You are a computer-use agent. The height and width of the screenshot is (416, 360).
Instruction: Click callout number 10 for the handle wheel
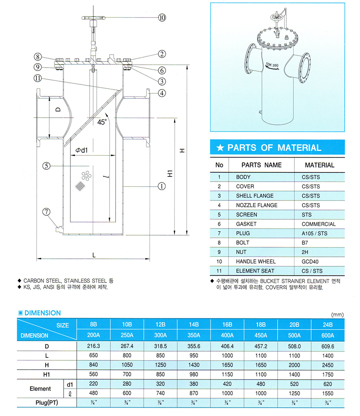tap(162, 18)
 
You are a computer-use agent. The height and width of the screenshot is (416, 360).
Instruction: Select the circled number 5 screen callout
tap(47, 166)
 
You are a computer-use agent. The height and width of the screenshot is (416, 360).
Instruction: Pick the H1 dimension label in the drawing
tap(170, 174)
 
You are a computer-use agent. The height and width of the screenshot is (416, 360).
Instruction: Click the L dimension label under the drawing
tap(93, 254)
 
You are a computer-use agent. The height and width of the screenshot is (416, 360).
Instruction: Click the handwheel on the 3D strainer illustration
tap(274, 18)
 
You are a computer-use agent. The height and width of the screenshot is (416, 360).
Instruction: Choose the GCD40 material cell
tap(311, 261)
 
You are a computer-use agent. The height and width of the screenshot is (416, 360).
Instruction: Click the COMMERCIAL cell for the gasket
tap(318, 224)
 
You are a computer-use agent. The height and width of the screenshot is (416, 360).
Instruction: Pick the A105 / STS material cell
tap(314, 233)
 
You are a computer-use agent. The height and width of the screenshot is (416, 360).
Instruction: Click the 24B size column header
tap(327, 325)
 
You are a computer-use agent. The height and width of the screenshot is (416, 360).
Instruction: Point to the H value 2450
tap(327, 365)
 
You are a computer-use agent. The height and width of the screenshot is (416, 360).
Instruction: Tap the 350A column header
tap(194, 335)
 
